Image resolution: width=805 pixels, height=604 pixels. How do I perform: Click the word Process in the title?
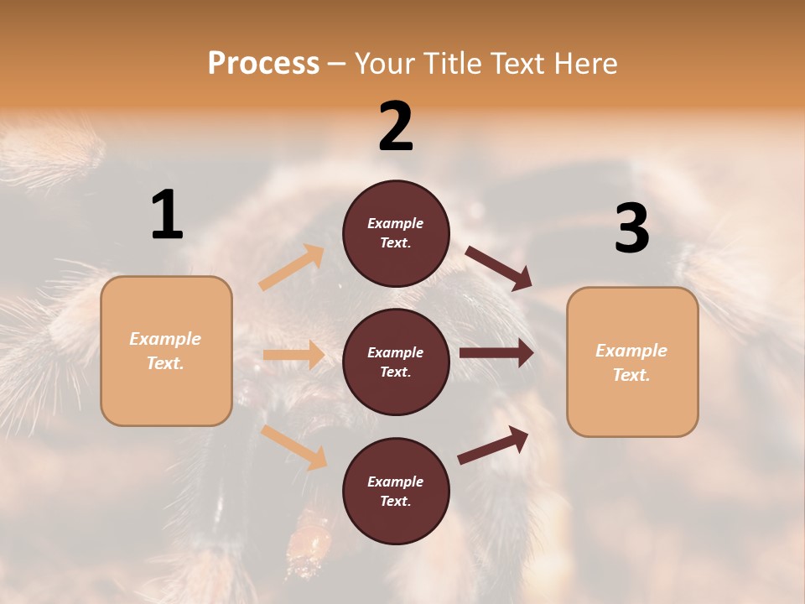(263, 63)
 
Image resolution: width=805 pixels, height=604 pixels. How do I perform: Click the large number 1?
(167, 216)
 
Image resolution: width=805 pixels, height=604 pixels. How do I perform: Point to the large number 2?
(396, 127)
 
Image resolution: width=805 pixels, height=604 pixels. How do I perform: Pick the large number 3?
(631, 229)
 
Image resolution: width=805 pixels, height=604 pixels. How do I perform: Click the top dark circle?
(396, 233)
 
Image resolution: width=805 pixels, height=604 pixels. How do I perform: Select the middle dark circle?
(396, 362)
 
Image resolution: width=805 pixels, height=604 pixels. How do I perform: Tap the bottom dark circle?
(396, 491)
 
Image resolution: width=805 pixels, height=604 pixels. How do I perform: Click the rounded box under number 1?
(166, 351)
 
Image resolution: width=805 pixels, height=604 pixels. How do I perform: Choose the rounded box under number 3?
(632, 362)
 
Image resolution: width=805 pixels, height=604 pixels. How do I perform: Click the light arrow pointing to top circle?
(292, 268)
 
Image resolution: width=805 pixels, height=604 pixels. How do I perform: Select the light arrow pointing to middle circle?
(293, 355)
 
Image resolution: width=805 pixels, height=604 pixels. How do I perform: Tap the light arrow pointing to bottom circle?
(293, 447)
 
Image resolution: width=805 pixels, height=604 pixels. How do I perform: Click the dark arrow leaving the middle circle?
(496, 353)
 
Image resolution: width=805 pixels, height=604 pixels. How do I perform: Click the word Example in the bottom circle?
(395, 482)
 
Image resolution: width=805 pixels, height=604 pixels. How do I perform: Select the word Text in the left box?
(165, 363)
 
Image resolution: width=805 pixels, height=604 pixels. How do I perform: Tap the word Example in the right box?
(631, 351)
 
